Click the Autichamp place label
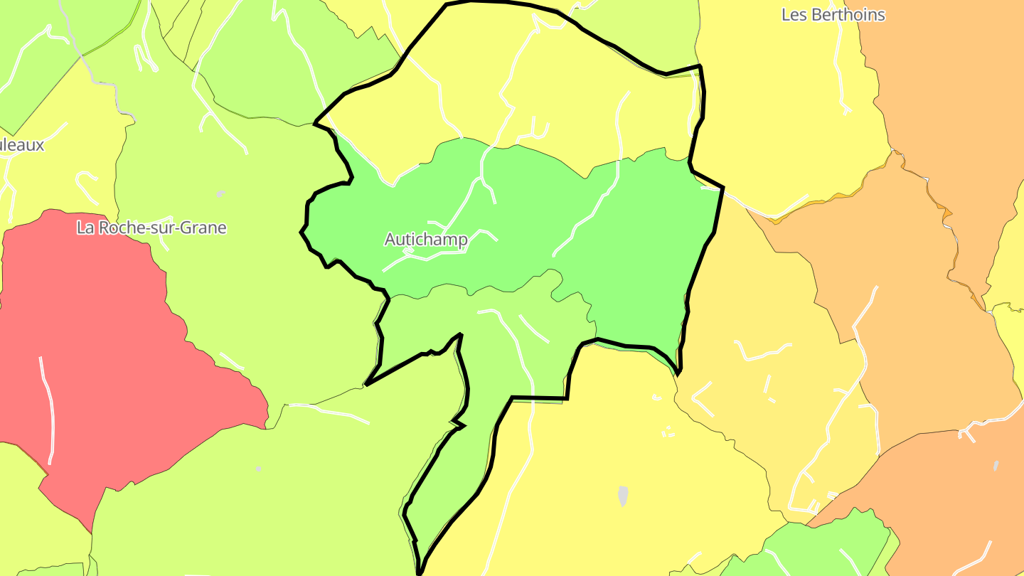tap(426, 240)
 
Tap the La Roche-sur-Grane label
tap(151, 228)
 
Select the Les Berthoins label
tap(833, 15)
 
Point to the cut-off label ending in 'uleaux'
tap(21, 145)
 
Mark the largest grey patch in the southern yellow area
tap(624, 496)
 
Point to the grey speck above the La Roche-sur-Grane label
tap(220, 193)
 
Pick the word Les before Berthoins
tap(794, 15)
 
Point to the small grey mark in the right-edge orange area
tap(996, 466)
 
